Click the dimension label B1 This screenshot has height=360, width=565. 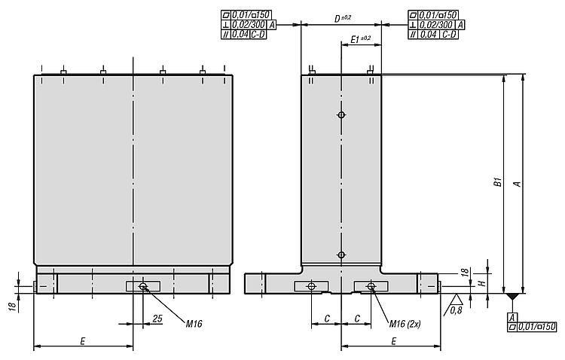[x=498, y=182]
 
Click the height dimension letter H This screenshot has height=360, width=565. [x=483, y=283]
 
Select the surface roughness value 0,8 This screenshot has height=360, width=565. [x=456, y=310]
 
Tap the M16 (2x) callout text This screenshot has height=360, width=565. [x=405, y=324]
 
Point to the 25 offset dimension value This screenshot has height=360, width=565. [x=157, y=318]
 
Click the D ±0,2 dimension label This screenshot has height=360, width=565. [x=342, y=18]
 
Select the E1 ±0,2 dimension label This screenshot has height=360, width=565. [x=360, y=39]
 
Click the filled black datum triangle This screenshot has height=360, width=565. [x=512, y=297]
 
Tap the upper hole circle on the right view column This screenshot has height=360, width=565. [x=341, y=115]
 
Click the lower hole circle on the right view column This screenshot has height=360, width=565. [x=341, y=255]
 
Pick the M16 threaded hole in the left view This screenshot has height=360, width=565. [x=143, y=286]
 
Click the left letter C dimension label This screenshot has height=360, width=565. [x=327, y=319]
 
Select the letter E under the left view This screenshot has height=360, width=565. [x=83, y=341]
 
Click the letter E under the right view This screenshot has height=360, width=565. [x=394, y=341]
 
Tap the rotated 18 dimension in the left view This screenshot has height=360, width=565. [x=12, y=307]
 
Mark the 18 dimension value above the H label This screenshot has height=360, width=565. [x=465, y=272]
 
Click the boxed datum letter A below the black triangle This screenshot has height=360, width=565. [x=512, y=318]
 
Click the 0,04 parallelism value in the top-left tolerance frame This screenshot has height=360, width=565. [x=240, y=35]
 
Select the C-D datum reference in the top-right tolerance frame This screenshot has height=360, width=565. [x=449, y=35]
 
